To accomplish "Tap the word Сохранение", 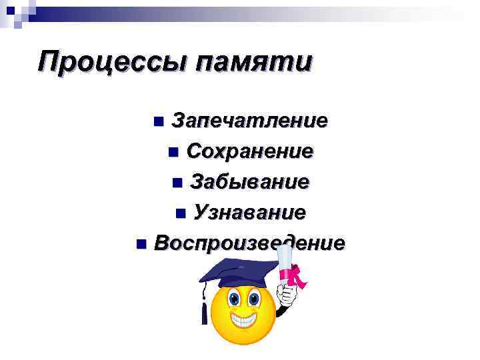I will point(249,151).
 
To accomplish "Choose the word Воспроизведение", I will point(249,243).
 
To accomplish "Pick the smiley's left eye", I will point(235,295).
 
